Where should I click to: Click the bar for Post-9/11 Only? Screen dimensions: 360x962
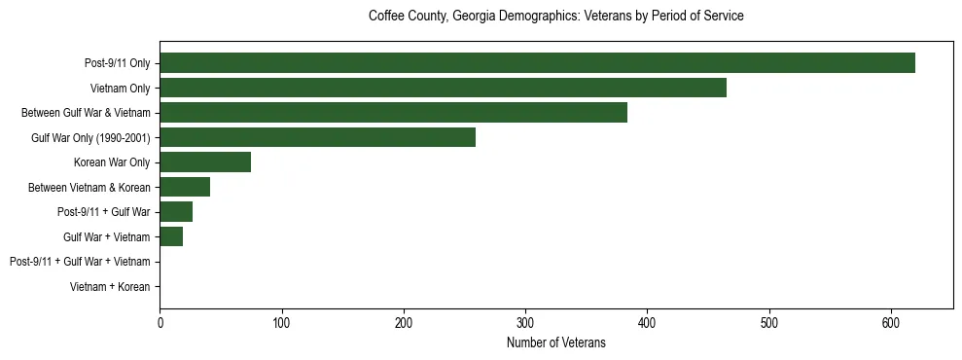[x=537, y=63]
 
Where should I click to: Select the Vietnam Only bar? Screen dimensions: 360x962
[x=443, y=88]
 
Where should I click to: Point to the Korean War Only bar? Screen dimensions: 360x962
[x=205, y=162]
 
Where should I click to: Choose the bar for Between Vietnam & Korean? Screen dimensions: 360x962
[x=185, y=187]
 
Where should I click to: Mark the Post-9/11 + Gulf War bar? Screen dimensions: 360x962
[x=176, y=212]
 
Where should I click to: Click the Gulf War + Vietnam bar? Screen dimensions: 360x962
[x=171, y=236]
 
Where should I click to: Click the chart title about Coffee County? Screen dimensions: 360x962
[x=555, y=17]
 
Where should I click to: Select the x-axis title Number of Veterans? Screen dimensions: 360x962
[x=555, y=342]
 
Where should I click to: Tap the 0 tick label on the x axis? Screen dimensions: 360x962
[x=160, y=323]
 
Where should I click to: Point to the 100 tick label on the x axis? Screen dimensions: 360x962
[x=281, y=323]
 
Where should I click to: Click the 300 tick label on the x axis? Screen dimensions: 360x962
[x=525, y=323]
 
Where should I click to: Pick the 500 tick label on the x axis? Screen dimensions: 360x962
[x=769, y=323]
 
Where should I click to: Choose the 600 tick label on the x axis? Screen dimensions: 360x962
[x=891, y=323]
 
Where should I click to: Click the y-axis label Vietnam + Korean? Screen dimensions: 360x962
[x=110, y=287]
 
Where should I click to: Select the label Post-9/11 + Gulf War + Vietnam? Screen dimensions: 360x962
[x=80, y=262]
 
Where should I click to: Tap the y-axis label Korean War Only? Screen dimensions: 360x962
[x=112, y=162]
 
